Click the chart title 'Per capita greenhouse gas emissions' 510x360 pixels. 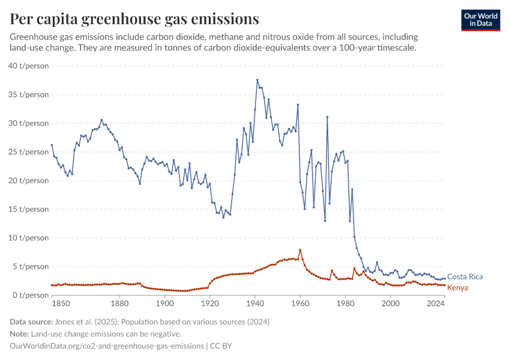pos(134,19)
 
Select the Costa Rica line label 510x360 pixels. pos(465,277)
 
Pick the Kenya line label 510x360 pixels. pos(458,288)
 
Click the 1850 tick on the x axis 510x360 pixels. pos(52,304)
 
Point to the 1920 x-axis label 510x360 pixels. pos(209,304)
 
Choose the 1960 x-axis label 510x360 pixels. pos(300,304)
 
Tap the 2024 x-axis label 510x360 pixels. pos(436,304)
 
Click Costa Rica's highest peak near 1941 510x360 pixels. pos(257,80)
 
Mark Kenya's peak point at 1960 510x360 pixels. pos(300,250)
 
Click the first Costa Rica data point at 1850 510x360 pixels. pos(52,145)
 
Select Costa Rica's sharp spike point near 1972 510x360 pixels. pos(327,117)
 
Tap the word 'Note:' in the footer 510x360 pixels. pos(21,334)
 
